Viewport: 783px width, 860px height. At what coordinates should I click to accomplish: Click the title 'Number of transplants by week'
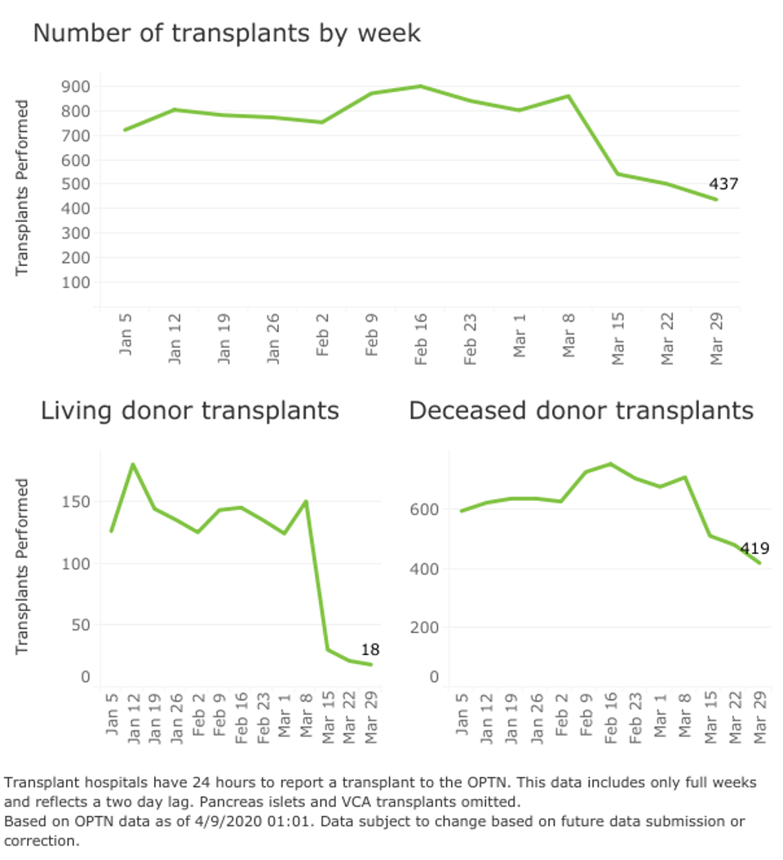pos(227,33)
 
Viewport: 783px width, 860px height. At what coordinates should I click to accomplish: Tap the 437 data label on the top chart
pos(723,184)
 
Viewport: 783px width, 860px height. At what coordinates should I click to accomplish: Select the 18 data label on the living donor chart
pos(370,650)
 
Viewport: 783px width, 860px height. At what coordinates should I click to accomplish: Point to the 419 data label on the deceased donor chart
pos(754,549)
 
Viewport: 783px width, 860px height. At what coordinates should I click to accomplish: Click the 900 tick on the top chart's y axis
pos(75,86)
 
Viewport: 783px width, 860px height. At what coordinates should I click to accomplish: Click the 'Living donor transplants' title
pos(189,410)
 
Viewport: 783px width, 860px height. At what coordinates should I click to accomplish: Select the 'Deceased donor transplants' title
pos(581,410)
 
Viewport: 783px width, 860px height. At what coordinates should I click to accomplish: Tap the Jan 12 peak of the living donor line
pos(132,464)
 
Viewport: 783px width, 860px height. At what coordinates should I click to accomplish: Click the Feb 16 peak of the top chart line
pos(420,86)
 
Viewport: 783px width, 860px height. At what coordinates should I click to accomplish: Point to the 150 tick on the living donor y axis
pos(77,501)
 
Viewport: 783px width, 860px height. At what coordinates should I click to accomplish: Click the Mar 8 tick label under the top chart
pos(569,343)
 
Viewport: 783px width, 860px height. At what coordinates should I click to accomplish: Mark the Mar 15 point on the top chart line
pos(617,174)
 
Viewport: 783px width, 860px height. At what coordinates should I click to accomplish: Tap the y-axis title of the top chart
pos(23,187)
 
